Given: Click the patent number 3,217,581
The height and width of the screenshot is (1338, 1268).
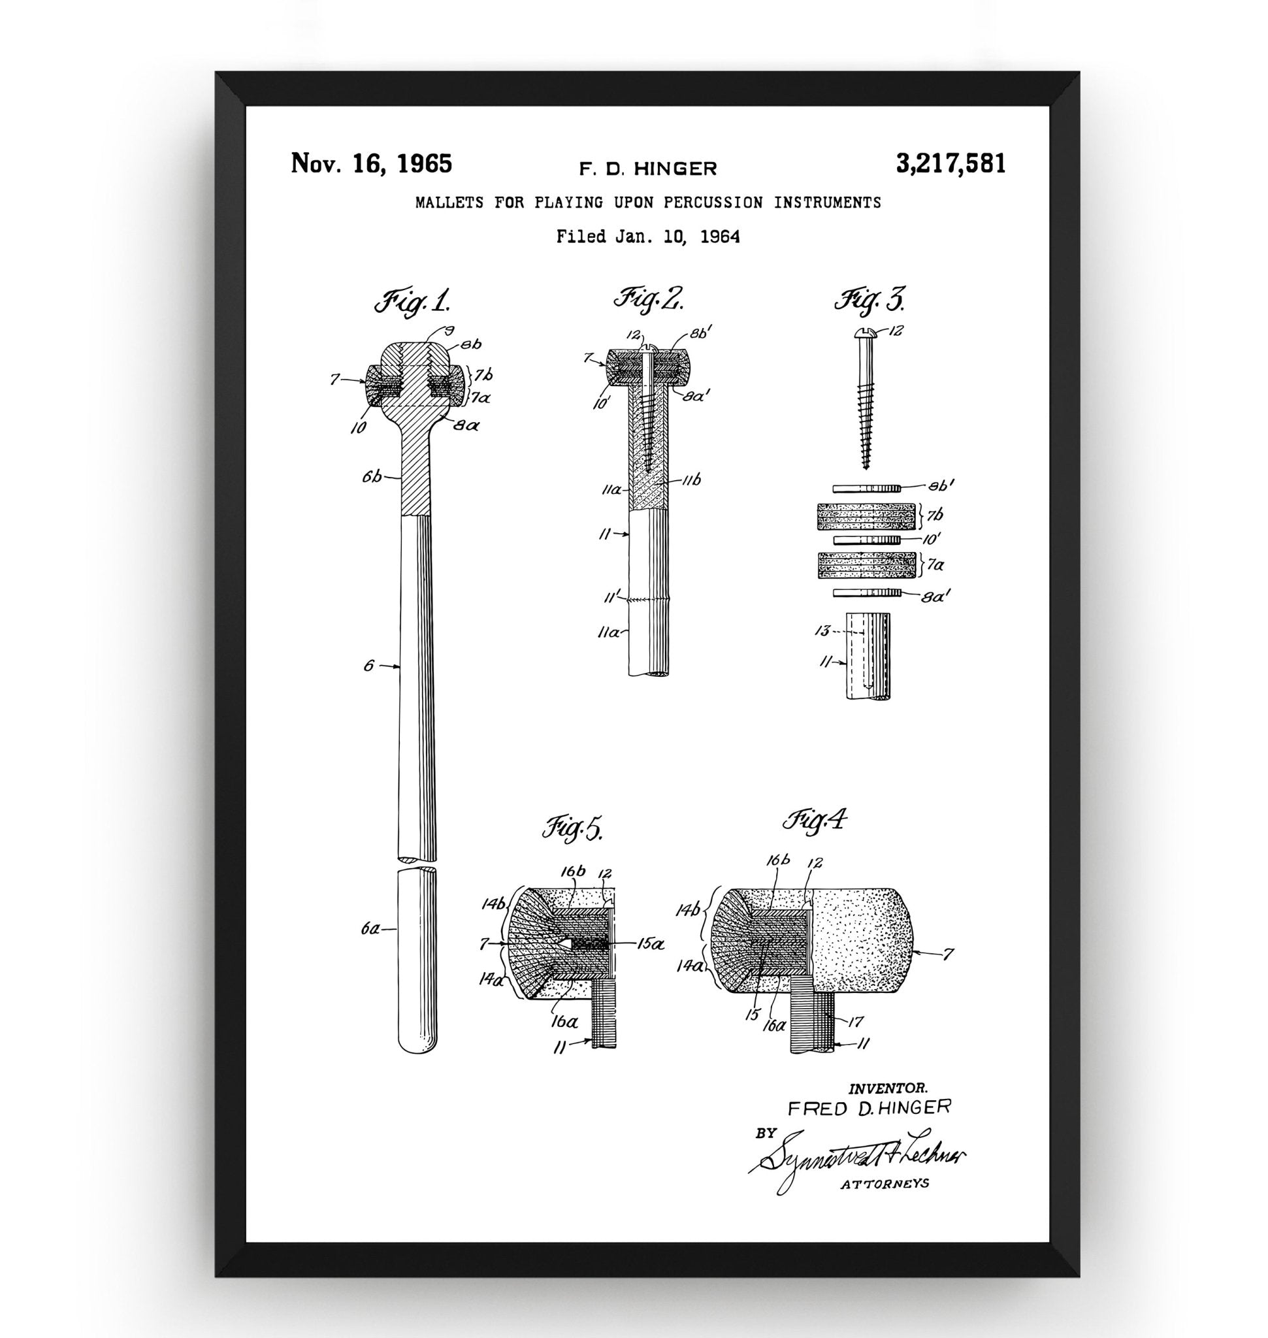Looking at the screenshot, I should pyautogui.click(x=951, y=164).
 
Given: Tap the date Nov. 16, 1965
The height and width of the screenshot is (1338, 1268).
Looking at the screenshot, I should pyautogui.click(x=371, y=164).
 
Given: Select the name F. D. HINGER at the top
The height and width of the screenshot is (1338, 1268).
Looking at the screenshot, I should pyautogui.click(x=647, y=169).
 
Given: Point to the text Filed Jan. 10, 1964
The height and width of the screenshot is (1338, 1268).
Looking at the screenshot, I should pyautogui.click(x=647, y=237).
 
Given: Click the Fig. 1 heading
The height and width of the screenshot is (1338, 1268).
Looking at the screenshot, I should pyautogui.click(x=413, y=302).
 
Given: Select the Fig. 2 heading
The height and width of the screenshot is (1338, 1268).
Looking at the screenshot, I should pyautogui.click(x=647, y=299).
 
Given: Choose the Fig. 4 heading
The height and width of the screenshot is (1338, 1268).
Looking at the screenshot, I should pyautogui.click(x=815, y=821).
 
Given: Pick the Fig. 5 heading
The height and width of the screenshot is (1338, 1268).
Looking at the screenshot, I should pyautogui.click(x=572, y=829).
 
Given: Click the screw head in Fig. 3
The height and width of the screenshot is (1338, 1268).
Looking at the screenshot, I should pyautogui.click(x=866, y=332).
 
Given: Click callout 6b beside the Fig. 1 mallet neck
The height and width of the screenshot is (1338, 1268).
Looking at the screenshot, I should pyautogui.click(x=372, y=478).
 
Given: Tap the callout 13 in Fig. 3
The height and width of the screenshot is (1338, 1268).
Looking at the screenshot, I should pyautogui.click(x=822, y=631).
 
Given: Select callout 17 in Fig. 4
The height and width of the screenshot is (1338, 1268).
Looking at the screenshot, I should pyautogui.click(x=854, y=1022).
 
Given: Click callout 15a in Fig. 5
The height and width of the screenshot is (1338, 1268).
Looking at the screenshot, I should pyautogui.click(x=650, y=943).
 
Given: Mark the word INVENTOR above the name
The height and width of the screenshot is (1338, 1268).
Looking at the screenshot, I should pyautogui.click(x=887, y=1088).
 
